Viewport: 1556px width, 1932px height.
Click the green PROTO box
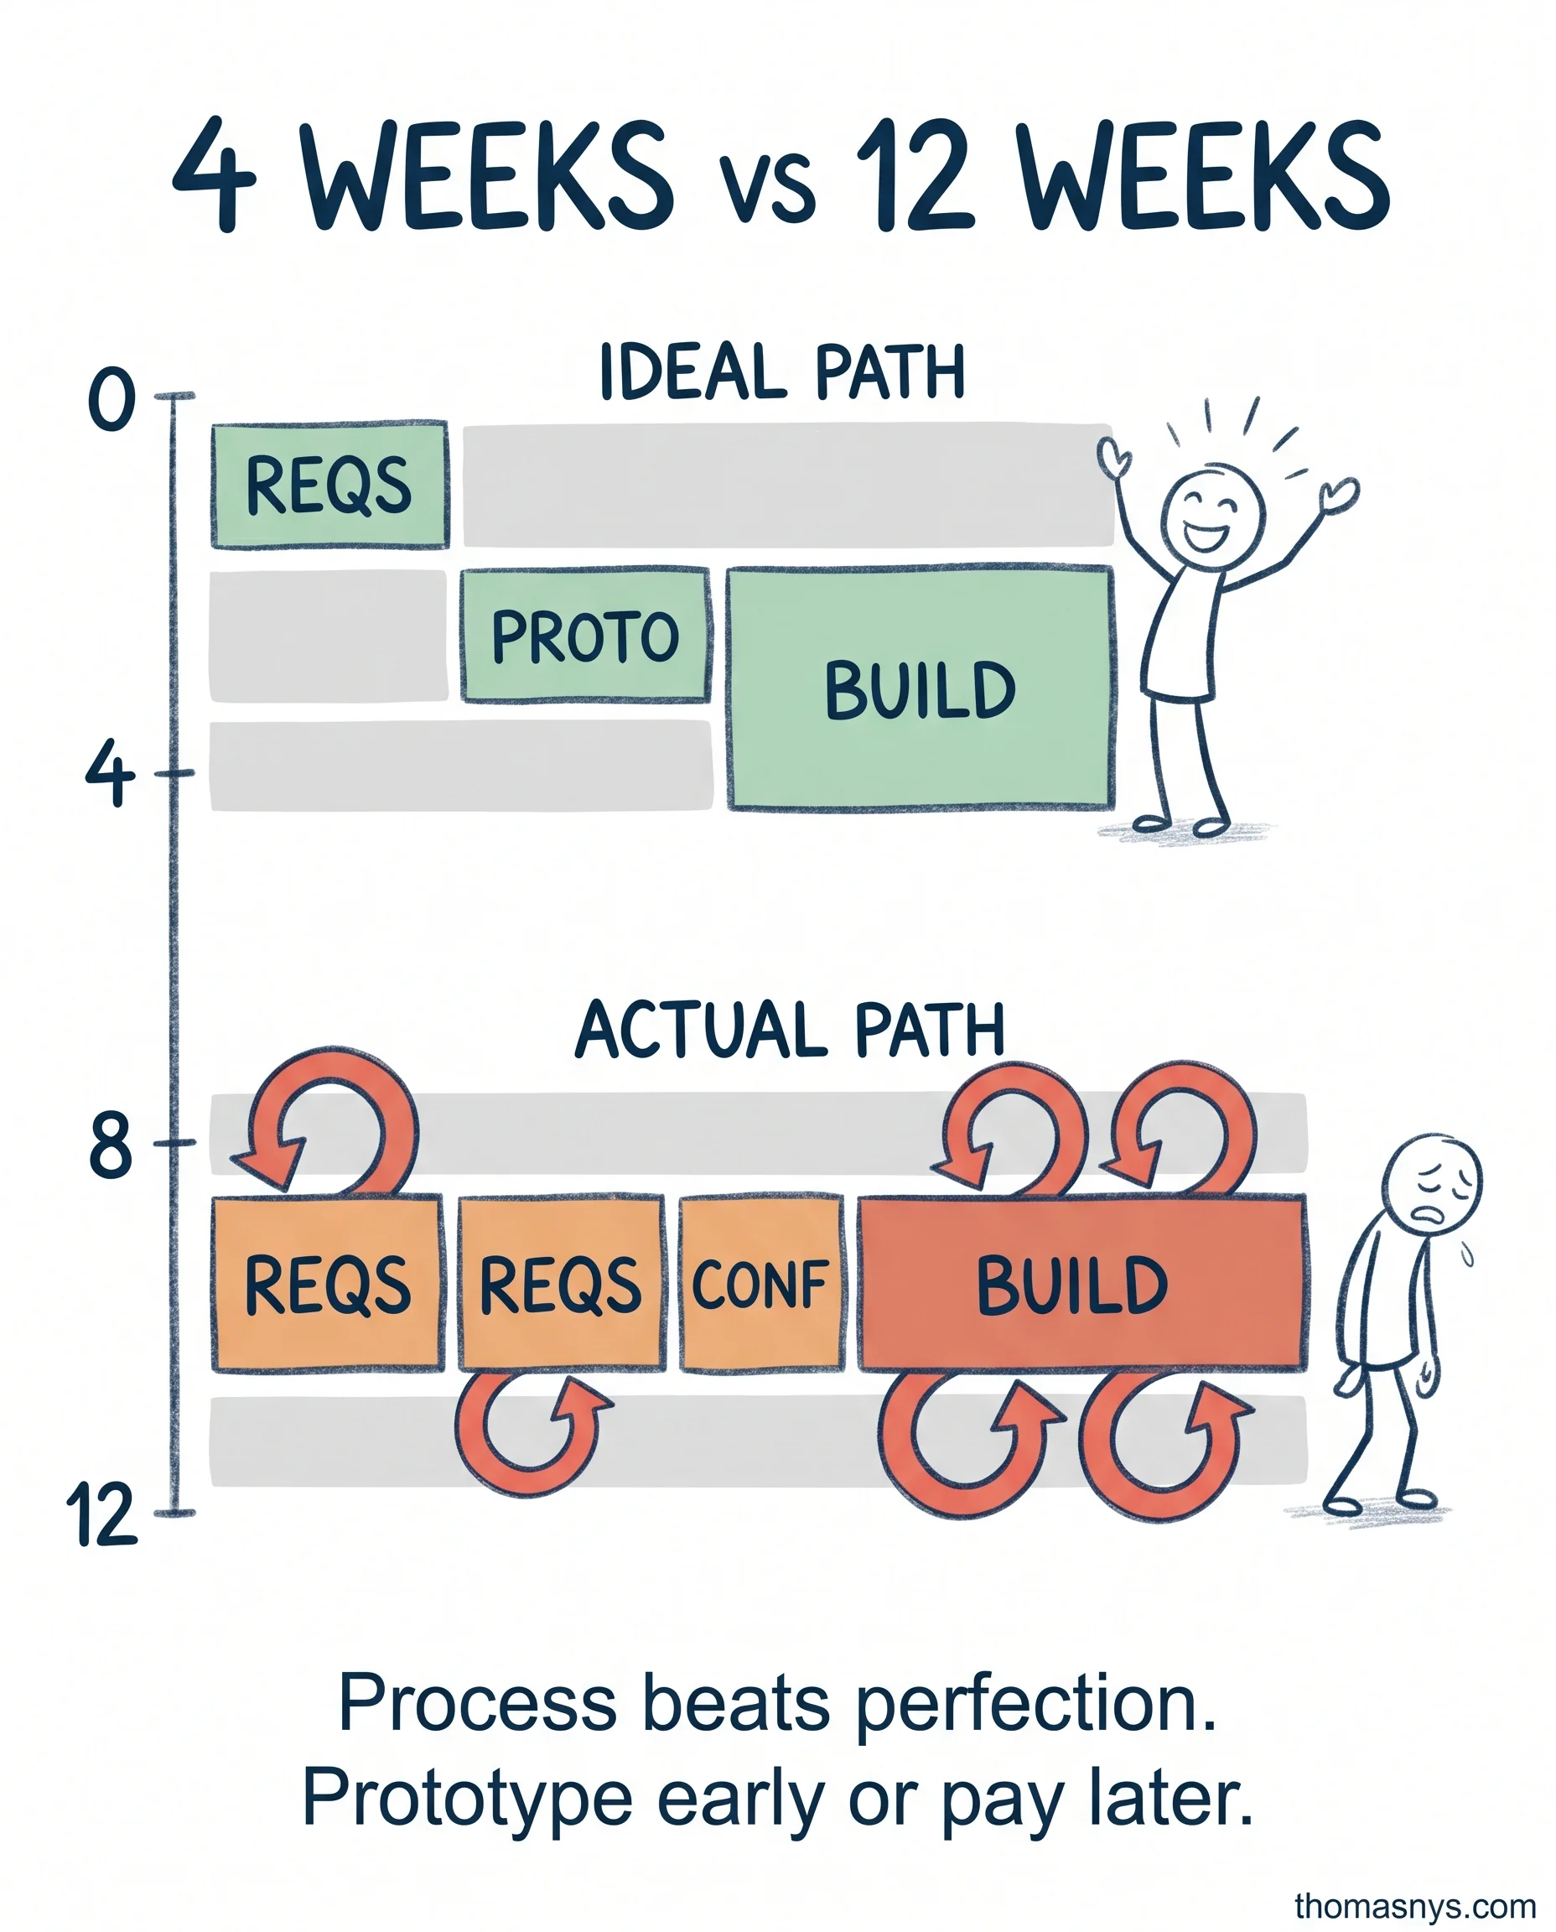[x=585, y=635]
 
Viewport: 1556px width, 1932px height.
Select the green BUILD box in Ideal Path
[x=921, y=688]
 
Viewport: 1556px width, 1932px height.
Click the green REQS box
[x=329, y=485]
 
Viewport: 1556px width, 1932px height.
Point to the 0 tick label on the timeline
[x=112, y=401]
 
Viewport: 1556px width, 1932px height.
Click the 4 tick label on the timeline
[x=109, y=774]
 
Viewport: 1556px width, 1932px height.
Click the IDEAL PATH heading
[x=781, y=372]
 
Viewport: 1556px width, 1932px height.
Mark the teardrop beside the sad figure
[x=1467, y=1256]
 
